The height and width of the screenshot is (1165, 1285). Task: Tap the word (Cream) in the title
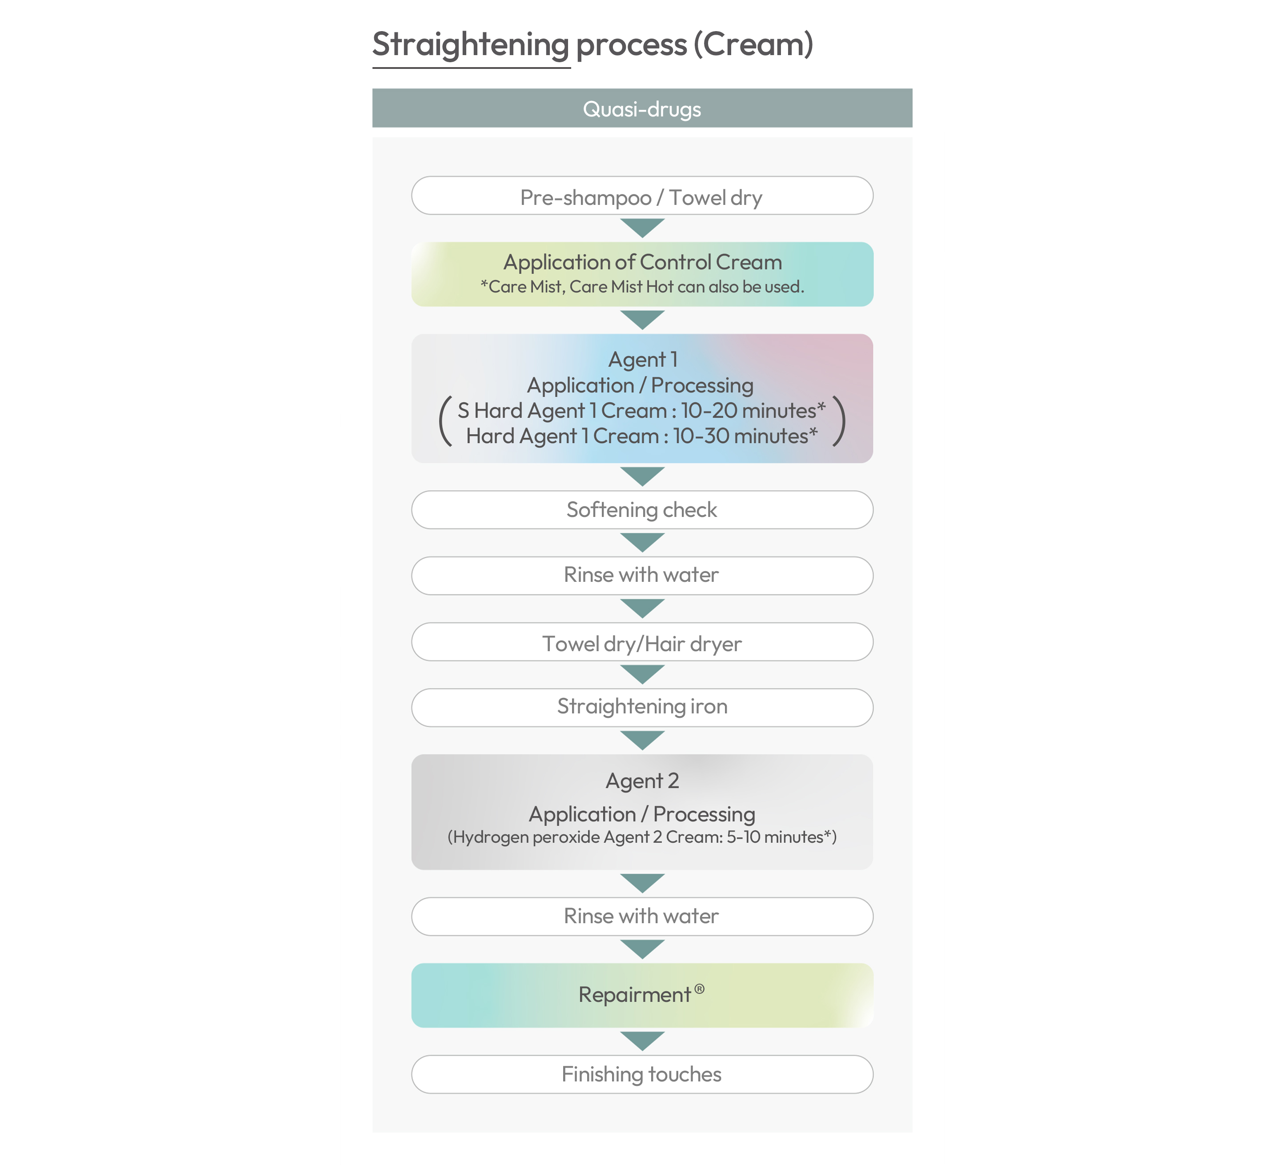(753, 44)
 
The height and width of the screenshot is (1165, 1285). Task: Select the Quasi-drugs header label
(642, 109)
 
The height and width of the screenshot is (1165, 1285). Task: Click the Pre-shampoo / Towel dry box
(642, 196)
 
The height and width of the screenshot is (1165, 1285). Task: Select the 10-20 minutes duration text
(753, 410)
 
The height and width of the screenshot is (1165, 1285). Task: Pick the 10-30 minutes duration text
(745, 436)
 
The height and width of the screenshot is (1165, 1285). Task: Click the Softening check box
(642, 510)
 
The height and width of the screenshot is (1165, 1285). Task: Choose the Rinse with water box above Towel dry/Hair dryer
(642, 576)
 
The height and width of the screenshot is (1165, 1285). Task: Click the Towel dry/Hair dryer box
(642, 642)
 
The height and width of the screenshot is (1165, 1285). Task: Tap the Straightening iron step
(642, 708)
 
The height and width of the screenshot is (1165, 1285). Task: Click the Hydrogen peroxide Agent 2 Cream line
(642, 837)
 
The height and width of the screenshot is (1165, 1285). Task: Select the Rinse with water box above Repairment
(642, 917)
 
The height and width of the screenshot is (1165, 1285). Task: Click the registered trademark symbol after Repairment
(699, 989)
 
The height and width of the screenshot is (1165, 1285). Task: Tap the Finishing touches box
(642, 1074)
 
